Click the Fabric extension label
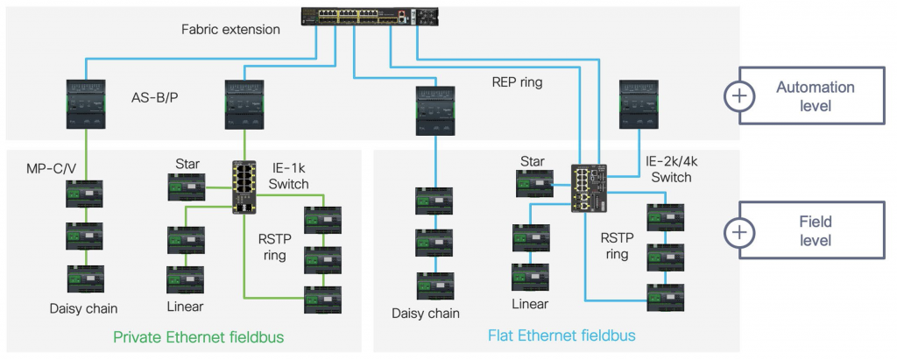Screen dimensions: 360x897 coord(230,29)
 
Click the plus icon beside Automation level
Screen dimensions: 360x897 coord(740,96)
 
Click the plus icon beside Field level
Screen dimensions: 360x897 coord(740,231)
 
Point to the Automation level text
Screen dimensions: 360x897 coord(815,96)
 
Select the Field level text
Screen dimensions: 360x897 coord(815,231)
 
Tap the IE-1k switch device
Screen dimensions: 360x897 coord(244,187)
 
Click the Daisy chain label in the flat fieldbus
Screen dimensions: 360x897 coord(427,313)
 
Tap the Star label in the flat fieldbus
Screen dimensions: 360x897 coord(533,161)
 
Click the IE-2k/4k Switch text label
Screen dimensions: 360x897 coord(668,169)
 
